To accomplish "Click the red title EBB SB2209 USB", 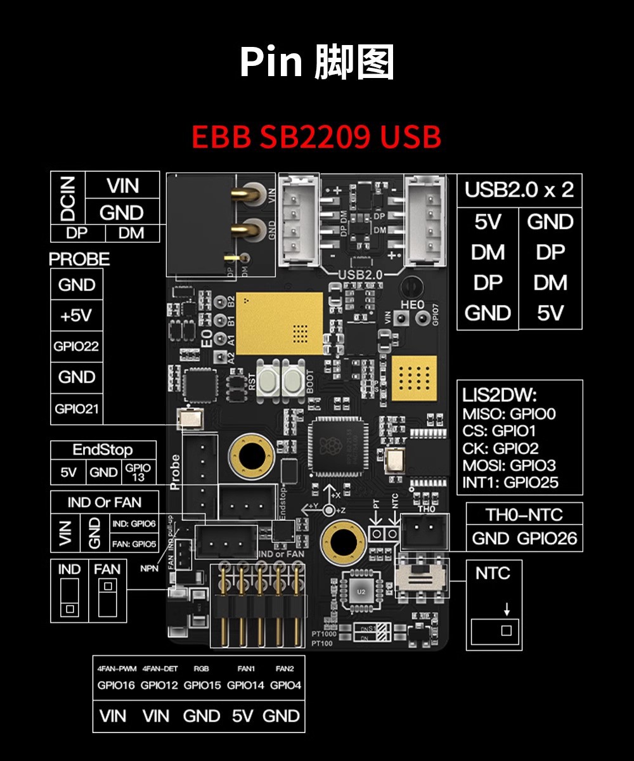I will pyautogui.click(x=316, y=137).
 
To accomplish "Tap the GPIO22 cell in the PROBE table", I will pyautogui.click(x=76, y=347).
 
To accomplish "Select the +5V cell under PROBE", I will pyautogui.click(x=76, y=316).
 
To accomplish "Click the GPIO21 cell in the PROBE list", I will pyautogui.click(x=76, y=409).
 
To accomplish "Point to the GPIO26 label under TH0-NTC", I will pyautogui.click(x=547, y=539).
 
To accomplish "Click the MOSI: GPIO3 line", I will pyautogui.click(x=510, y=465).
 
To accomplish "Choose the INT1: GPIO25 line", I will pyautogui.click(x=511, y=483).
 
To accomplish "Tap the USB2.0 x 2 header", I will pyautogui.click(x=519, y=190).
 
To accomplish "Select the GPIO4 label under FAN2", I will pyautogui.click(x=285, y=686).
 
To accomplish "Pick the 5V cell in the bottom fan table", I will pyautogui.click(x=242, y=716).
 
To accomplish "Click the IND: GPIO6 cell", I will pyautogui.click(x=134, y=524).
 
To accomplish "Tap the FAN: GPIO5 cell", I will pyautogui.click(x=134, y=543).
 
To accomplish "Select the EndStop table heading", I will pyautogui.click(x=103, y=450).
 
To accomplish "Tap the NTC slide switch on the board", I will pyautogui.click(x=420, y=580).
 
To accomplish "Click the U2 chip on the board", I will pyautogui.click(x=361, y=592).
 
